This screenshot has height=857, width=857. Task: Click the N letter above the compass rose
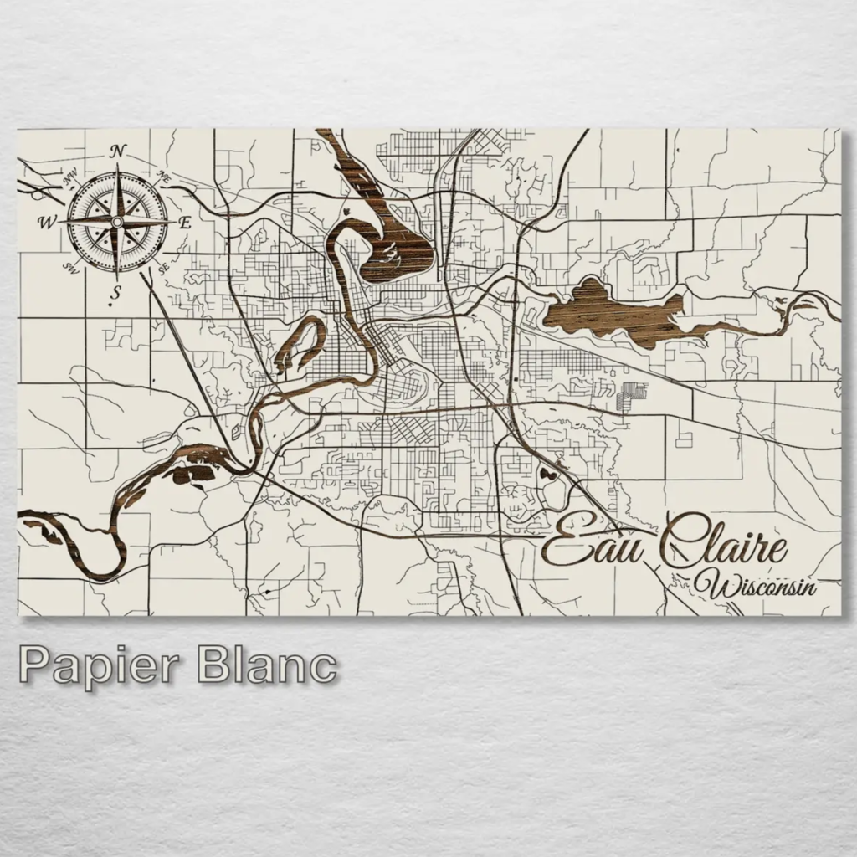[118, 151]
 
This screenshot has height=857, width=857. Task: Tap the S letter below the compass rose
[117, 292]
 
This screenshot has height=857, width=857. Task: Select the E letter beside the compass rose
[186, 222]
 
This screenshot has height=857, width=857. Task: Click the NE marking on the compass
[164, 177]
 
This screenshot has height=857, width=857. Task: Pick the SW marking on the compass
[71, 267]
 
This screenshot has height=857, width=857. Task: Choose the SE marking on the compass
[163, 267]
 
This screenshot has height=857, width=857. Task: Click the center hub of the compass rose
[117, 221]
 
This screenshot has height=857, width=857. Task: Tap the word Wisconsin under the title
[762, 584]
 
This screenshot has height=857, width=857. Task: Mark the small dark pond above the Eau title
[548, 475]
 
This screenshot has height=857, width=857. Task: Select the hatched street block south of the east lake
[634, 396]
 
